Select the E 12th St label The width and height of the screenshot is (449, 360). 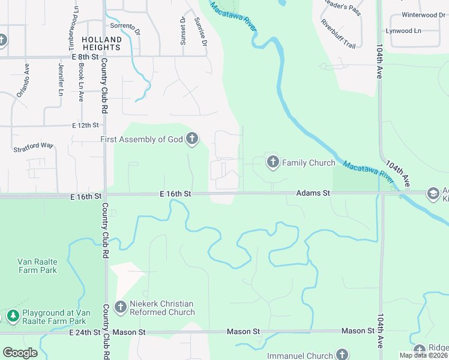tap(85, 125)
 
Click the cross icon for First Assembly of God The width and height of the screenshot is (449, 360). tap(192, 139)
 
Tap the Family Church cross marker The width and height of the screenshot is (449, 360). tap(273, 162)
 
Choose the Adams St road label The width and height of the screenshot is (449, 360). tap(313, 193)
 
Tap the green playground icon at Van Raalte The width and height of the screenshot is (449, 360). tap(13, 315)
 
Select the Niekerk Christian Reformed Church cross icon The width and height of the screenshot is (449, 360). tap(120, 307)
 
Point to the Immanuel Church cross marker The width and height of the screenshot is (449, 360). tap(342, 354)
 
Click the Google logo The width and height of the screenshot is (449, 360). tap(20, 353)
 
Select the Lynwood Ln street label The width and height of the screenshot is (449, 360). tap(421, 31)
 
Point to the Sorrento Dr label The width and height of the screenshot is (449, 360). tap(125, 27)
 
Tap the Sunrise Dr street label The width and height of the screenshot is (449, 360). tap(200, 32)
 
